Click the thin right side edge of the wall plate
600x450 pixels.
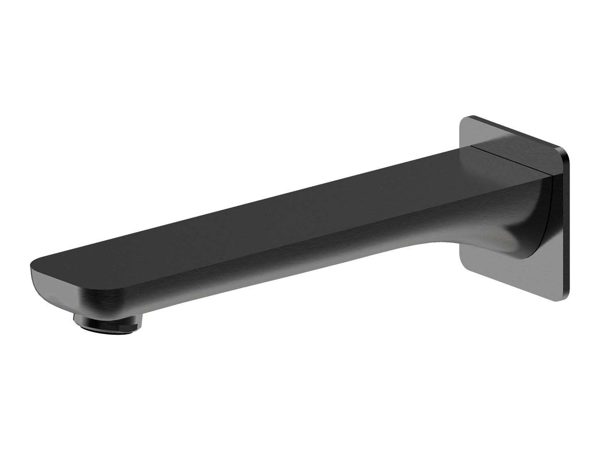click(567, 224)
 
